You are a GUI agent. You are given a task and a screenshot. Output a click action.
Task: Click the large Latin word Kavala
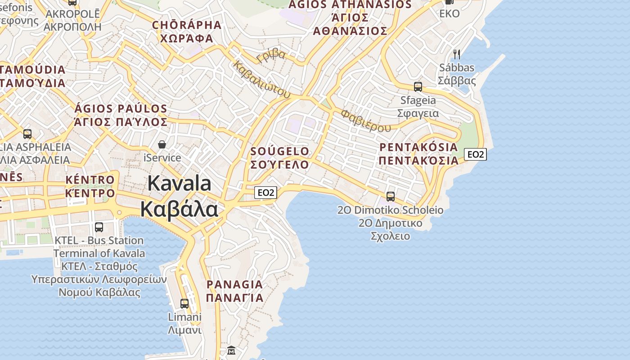[179, 184]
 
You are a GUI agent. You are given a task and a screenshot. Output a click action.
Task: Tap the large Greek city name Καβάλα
[179, 209]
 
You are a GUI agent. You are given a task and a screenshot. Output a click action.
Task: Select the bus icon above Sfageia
[418, 86]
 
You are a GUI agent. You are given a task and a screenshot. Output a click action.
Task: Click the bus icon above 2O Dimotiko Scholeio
[391, 196]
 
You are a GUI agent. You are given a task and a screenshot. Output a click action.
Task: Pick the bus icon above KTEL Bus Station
[99, 227]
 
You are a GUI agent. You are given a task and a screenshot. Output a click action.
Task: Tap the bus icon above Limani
[184, 303]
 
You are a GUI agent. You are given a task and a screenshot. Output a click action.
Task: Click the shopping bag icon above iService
[162, 144]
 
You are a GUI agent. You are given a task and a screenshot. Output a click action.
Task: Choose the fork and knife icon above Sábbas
[457, 54]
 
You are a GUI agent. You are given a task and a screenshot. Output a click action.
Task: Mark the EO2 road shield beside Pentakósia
[476, 154]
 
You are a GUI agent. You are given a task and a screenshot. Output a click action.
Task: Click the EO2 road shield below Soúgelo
[265, 193]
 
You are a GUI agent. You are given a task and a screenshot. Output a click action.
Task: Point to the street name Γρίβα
[271, 55]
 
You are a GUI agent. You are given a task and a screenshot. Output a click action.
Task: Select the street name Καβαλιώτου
[261, 79]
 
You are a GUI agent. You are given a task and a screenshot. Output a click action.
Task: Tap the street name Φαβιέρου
[365, 120]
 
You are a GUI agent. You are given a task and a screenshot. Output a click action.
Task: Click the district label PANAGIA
[234, 284]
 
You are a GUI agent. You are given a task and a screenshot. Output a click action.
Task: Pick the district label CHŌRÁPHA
[187, 25]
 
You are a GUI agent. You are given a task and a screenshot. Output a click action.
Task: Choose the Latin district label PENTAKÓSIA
[418, 147]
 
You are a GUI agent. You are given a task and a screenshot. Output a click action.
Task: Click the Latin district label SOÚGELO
[280, 151]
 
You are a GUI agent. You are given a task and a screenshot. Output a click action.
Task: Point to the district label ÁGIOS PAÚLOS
[121, 108]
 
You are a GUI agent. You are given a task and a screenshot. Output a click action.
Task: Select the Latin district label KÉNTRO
[90, 180]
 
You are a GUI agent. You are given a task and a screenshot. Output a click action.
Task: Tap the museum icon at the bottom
[231, 350]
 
